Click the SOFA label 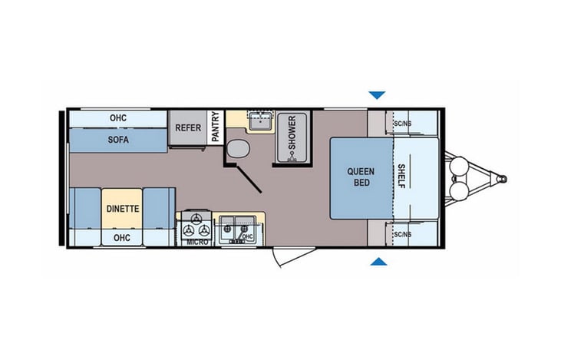pyautogui.click(x=118, y=140)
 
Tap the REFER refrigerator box pyautogui.click(x=188, y=127)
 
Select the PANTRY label pyautogui.click(x=216, y=127)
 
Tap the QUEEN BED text pyautogui.click(x=360, y=177)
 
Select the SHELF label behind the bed pyautogui.click(x=402, y=177)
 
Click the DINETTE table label pyautogui.click(x=122, y=208)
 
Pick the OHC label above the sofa pyautogui.click(x=117, y=118)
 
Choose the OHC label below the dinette pyautogui.click(x=121, y=237)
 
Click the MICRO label pyautogui.click(x=196, y=243)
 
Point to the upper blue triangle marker pyautogui.click(x=376, y=95)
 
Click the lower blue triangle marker pyautogui.click(x=376, y=263)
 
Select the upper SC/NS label pyautogui.click(x=401, y=123)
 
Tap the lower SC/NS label pyautogui.click(x=401, y=233)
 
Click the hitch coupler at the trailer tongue pyautogui.click(x=501, y=179)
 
